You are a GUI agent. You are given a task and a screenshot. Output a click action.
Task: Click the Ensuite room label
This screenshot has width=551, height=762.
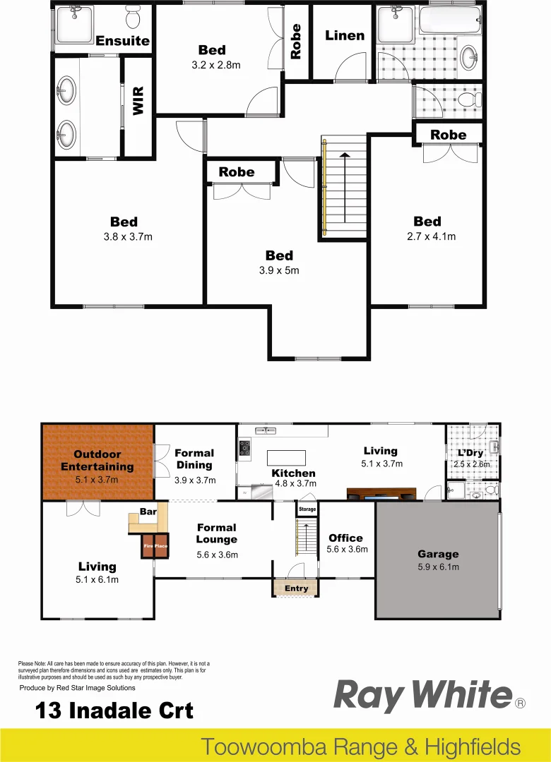[x=123, y=41]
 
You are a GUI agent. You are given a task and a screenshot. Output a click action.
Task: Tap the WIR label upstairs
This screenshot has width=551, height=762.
[x=138, y=100]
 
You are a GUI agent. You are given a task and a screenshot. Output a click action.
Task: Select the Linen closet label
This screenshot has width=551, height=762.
[x=345, y=35]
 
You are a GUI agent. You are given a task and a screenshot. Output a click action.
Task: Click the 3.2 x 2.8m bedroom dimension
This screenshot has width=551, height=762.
[x=216, y=65]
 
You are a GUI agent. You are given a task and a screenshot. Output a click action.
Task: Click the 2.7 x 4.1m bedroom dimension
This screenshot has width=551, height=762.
[x=427, y=236]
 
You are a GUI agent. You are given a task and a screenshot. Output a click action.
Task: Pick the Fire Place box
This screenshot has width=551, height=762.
[x=155, y=546]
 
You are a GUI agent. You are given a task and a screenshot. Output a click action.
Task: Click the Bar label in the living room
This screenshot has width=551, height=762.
[x=148, y=512]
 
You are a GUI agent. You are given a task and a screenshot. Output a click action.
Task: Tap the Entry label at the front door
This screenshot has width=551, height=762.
[x=296, y=588]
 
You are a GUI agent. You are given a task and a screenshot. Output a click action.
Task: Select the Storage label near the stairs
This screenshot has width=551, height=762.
[x=307, y=509]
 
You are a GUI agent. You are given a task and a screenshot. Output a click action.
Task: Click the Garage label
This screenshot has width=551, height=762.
[x=438, y=555]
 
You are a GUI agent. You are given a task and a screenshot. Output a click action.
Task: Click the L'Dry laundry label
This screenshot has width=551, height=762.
[x=470, y=452]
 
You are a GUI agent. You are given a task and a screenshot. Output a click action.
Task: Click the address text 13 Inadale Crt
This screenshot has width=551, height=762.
[x=114, y=710]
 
